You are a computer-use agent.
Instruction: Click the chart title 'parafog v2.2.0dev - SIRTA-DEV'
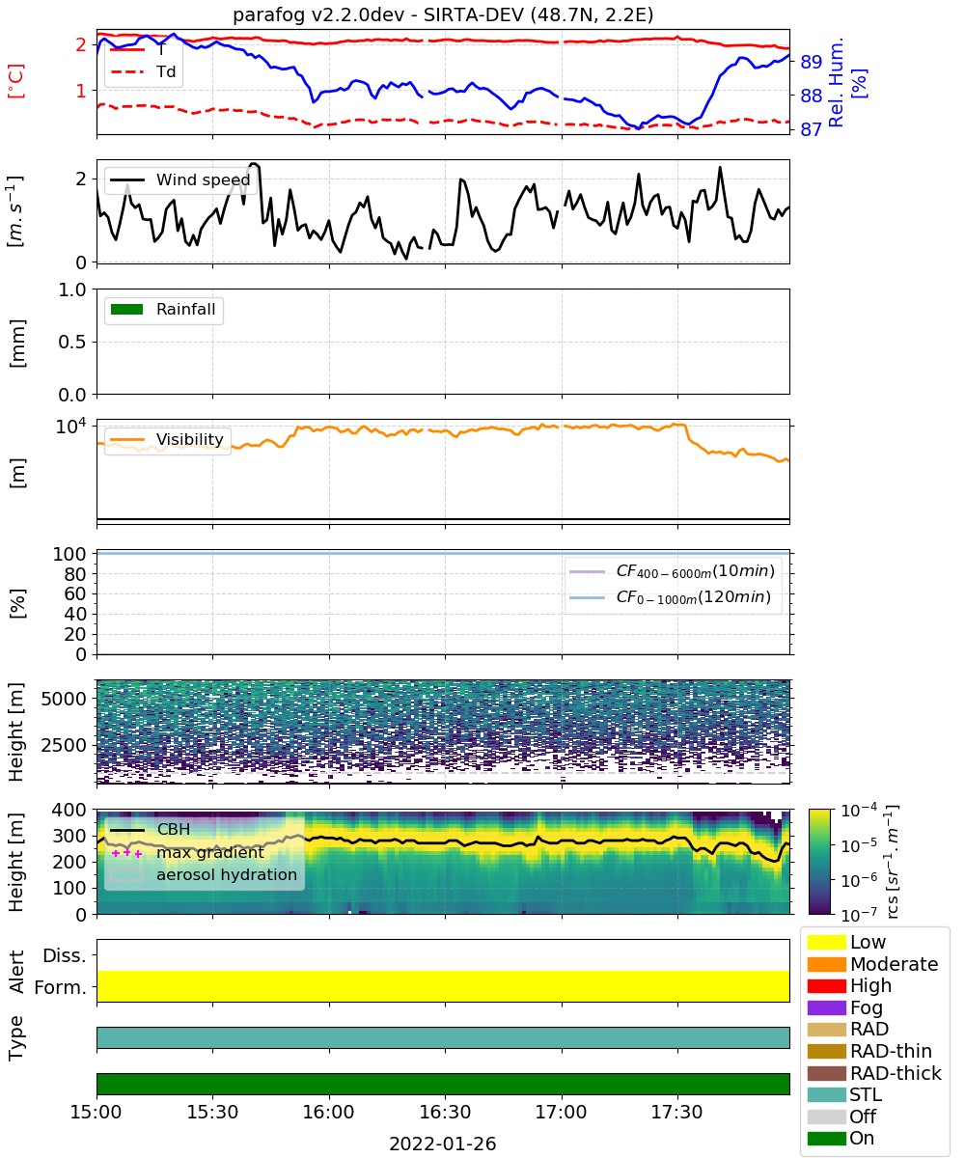377,14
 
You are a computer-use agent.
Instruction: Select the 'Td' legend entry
143,71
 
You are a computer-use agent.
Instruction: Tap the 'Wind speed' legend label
203,179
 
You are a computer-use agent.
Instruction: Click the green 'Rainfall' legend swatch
127,310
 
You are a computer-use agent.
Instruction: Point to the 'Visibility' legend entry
166,439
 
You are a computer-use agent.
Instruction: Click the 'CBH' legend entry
151,829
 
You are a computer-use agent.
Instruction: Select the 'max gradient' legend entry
187,852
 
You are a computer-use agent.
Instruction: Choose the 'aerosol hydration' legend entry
204,874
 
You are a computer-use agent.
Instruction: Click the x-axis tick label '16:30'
445,1112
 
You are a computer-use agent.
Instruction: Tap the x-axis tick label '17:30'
676,1112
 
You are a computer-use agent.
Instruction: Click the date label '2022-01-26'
443,1144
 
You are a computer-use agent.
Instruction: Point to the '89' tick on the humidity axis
811,62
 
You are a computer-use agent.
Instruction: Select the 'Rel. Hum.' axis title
836,82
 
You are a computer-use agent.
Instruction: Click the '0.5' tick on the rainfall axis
72,343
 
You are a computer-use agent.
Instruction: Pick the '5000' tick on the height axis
64,699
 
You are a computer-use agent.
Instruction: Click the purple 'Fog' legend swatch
826,1007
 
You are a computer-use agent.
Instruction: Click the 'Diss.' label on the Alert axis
65,955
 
